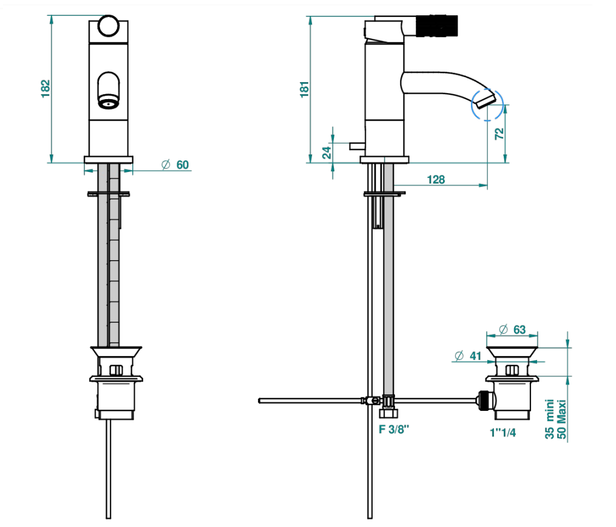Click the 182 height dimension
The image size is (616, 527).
point(46,89)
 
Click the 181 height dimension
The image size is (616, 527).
point(305,89)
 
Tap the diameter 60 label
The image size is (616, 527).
point(175,165)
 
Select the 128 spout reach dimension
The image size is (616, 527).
point(436,179)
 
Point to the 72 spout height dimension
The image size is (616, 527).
point(499,134)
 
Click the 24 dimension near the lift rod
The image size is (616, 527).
point(327,153)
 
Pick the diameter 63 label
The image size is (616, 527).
point(512,329)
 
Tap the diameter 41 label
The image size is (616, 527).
point(468,356)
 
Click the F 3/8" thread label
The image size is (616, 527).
point(394,429)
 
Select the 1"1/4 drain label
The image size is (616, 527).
point(503,433)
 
